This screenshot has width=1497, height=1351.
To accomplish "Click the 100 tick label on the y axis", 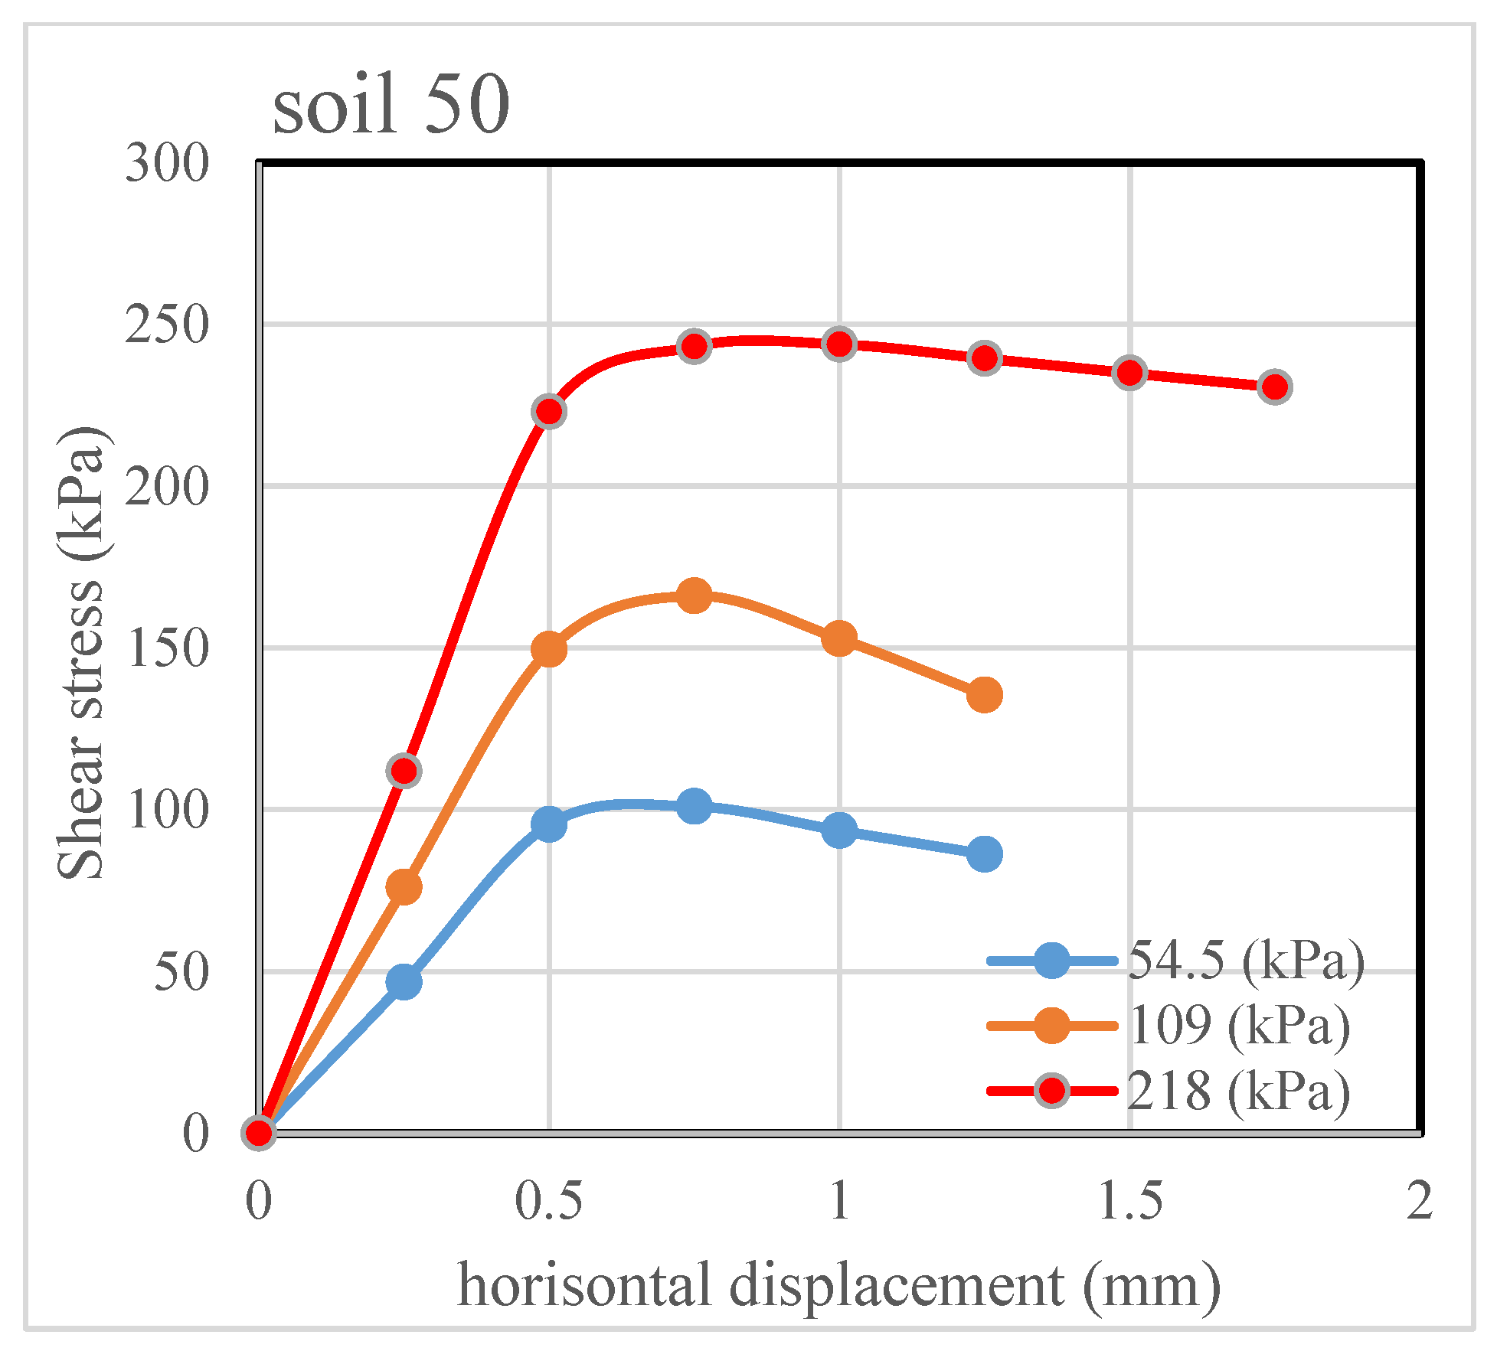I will point(167,810).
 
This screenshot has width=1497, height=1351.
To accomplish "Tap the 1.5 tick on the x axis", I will point(1130,1200).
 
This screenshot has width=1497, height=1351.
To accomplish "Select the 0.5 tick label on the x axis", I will point(548,1200).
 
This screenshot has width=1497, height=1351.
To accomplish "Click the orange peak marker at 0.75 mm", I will point(695,596).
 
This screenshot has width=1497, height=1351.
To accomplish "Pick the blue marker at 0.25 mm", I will point(404,981).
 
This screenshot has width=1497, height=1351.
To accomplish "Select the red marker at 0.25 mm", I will point(404,770).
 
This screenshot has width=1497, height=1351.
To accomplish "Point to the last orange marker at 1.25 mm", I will point(985,695).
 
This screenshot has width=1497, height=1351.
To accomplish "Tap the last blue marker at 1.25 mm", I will point(985,853).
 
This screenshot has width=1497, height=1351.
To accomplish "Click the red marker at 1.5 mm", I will point(1130,373).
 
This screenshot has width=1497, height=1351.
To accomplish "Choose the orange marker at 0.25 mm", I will point(404,886).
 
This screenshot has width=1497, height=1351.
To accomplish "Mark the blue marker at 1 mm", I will point(839,831).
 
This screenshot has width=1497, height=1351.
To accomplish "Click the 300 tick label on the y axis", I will point(167,163).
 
